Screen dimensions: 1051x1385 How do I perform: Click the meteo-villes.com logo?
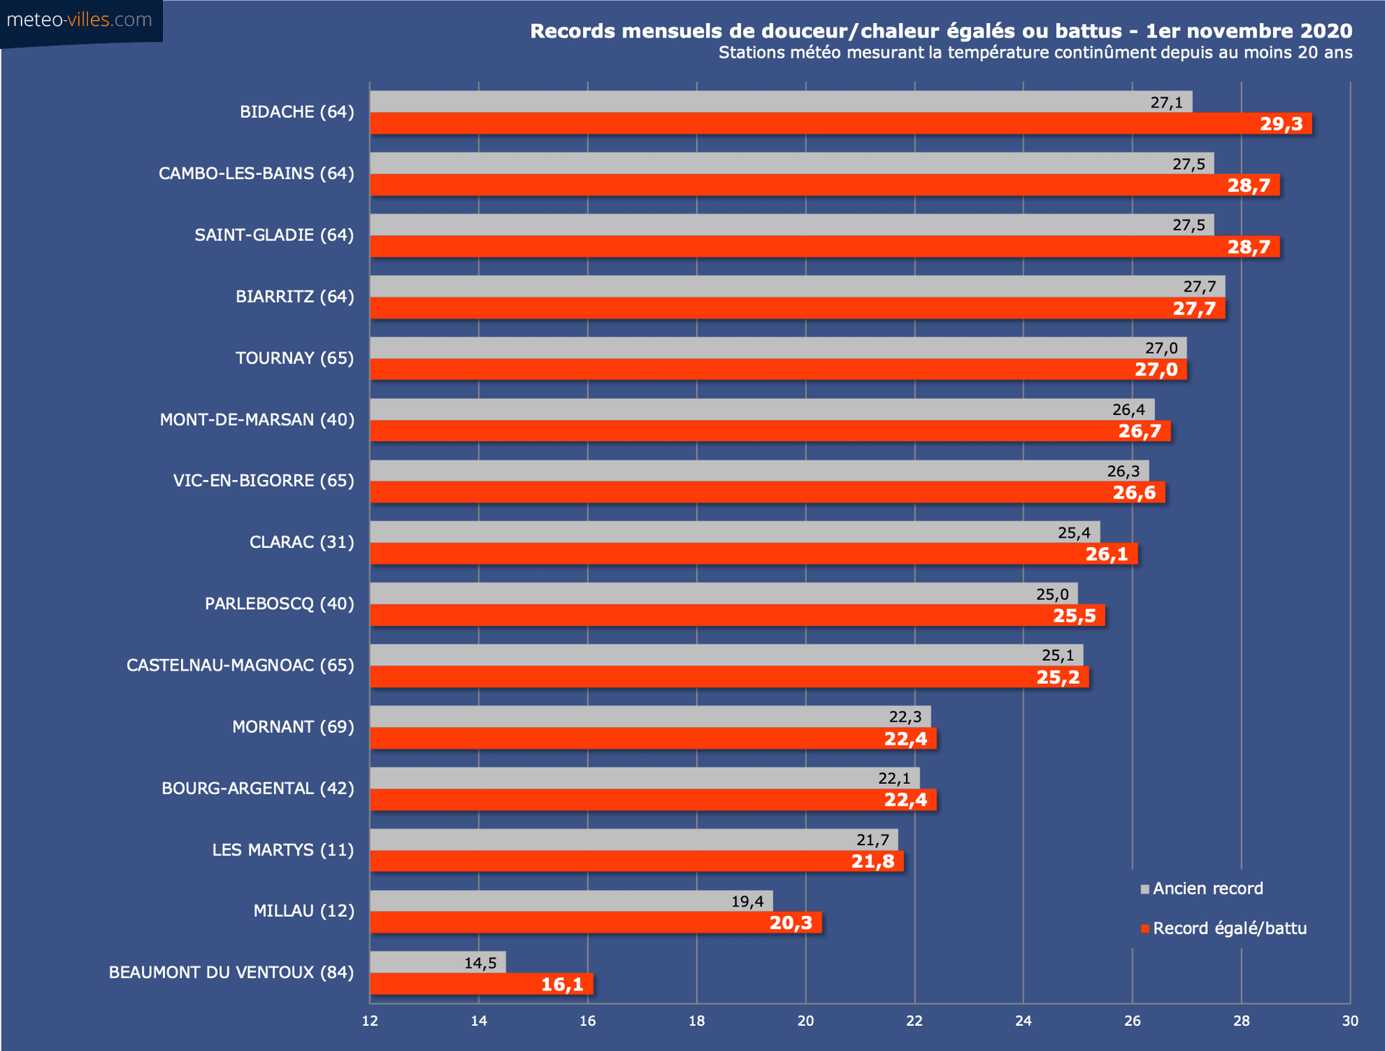pos(79,20)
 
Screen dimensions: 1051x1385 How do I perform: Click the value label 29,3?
pos(1281,124)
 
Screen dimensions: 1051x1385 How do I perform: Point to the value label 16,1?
pos(562,985)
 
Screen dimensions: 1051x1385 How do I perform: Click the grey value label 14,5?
pos(480,963)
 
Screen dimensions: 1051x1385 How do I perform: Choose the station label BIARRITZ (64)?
pos(294,297)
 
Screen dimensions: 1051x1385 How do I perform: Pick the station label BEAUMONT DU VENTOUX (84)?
pos(231,973)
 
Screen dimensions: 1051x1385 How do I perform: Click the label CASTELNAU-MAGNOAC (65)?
pos(240,666)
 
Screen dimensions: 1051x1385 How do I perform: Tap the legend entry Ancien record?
pos(1208,889)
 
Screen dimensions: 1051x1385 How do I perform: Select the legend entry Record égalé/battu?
pos(1229,928)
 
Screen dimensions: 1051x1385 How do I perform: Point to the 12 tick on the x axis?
pos(370,1021)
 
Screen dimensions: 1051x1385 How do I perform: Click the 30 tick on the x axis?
pos(1350,1021)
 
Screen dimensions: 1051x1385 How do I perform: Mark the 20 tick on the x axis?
pos(806,1021)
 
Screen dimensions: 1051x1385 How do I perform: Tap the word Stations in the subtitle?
pos(750,53)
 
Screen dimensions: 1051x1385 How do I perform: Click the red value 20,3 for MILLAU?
pos(791,923)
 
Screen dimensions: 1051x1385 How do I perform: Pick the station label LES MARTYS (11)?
pos(283,850)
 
